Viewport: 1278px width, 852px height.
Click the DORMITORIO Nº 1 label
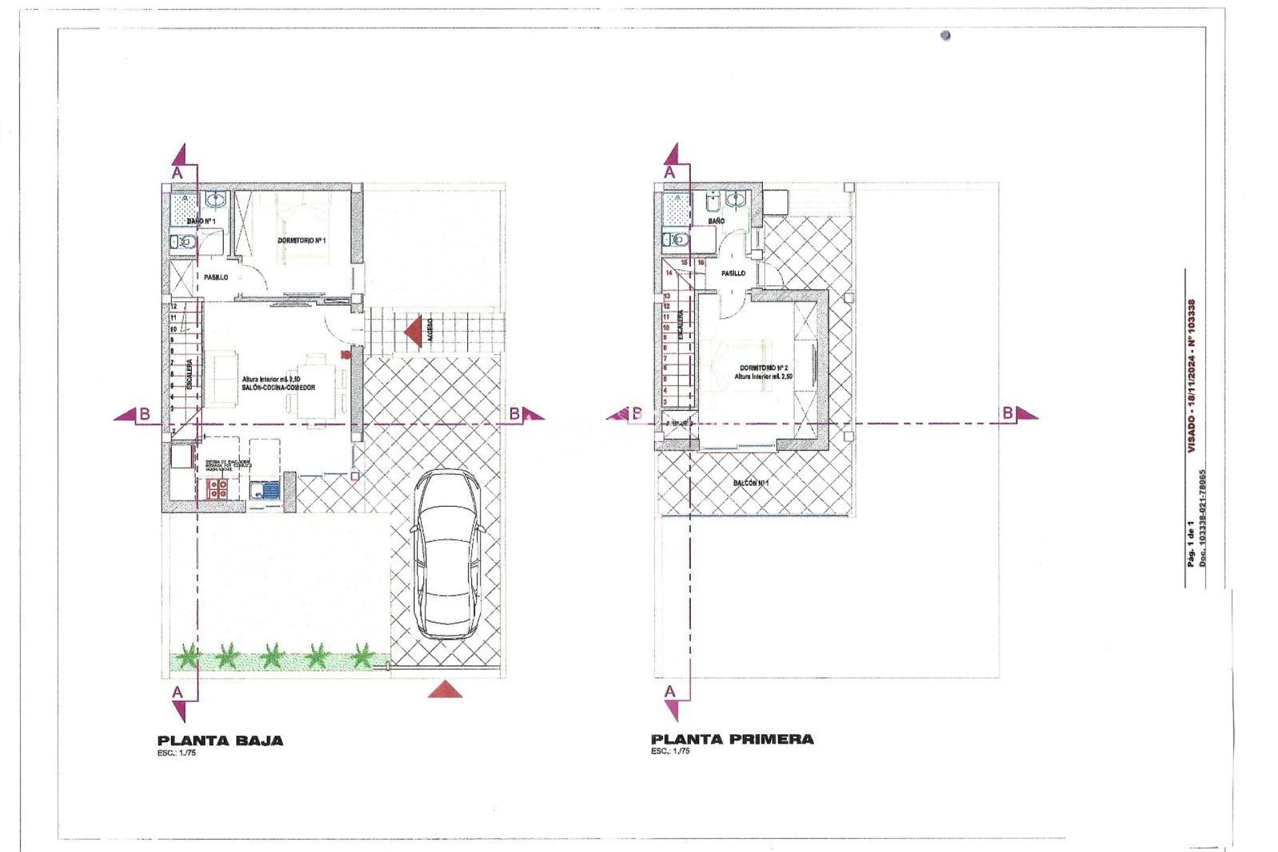pos(302,240)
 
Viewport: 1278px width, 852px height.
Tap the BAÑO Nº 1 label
pos(200,220)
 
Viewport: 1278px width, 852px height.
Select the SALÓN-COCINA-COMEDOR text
pos(278,387)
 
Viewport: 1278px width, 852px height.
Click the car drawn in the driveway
pos(447,554)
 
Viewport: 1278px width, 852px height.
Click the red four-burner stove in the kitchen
pos(218,489)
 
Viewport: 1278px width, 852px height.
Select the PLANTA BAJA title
pos(220,740)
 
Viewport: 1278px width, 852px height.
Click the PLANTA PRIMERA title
pos(732,739)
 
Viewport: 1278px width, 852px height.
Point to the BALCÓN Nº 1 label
pos(751,483)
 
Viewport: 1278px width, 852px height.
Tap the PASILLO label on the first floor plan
pos(733,273)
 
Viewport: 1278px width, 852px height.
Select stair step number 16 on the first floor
pos(700,263)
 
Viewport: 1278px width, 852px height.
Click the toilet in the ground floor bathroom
pos(182,242)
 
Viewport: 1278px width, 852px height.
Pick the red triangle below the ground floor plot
pos(445,690)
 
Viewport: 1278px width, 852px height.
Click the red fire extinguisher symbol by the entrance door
pos(344,353)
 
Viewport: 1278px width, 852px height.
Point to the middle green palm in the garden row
pos(272,656)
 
